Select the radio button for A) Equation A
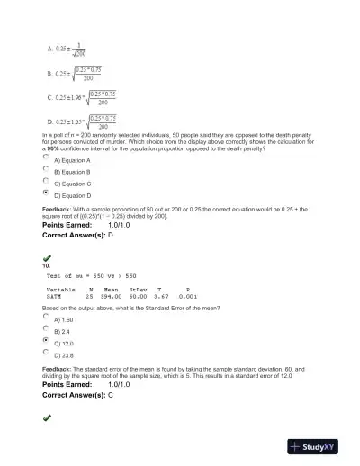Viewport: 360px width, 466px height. pyautogui.click(x=46, y=157)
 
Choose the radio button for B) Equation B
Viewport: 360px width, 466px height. pyautogui.click(x=46, y=169)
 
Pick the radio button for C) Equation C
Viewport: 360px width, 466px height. pyautogui.click(x=46, y=181)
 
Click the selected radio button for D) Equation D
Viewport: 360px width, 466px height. pyautogui.click(x=46, y=193)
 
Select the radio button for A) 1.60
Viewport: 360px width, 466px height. pyautogui.click(x=46, y=317)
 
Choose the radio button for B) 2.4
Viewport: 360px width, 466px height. pyautogui.click(x=46, y=329)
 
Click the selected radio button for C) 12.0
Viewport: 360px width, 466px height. pyautogui.click(x=46, y=341)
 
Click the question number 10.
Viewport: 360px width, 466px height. pyautogui.click(x=46, y=265)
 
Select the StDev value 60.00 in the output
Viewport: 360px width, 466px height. pyautogui.click(x=137, y=295)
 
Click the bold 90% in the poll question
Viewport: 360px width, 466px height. pyautogui.click(x=56, y=147)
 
